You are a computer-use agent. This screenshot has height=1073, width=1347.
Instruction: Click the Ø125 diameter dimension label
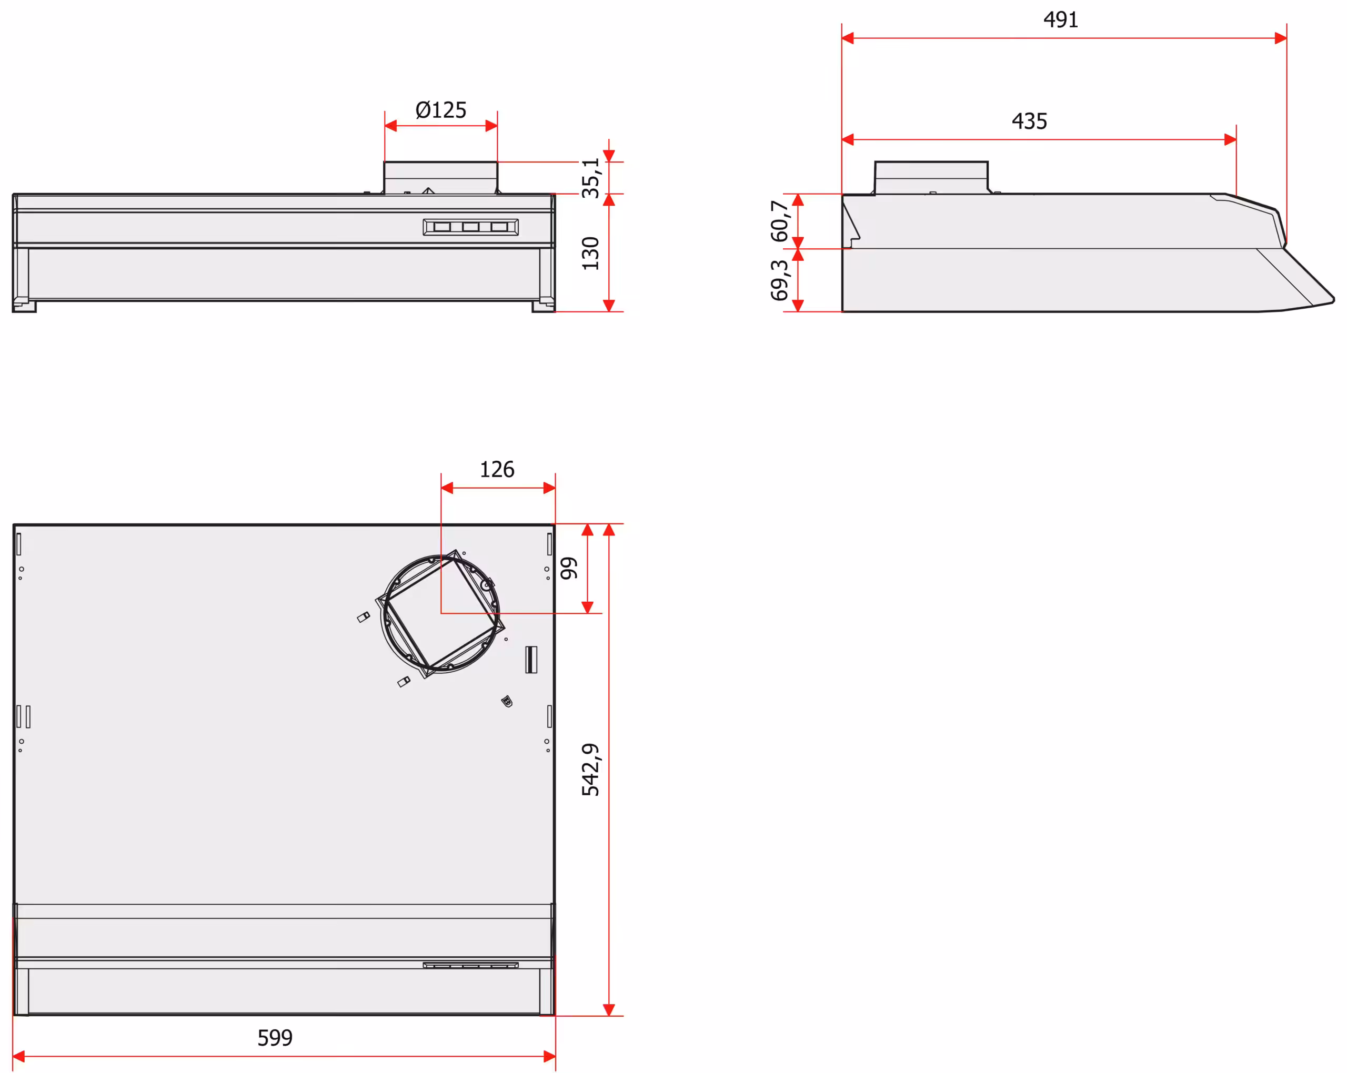pos(440,110)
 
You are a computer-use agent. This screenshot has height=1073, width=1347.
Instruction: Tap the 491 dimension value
pos(1060,20)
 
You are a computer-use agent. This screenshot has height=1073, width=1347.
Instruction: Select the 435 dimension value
pos(1029,121)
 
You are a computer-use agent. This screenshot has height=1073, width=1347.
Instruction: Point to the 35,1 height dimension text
pos(590,178)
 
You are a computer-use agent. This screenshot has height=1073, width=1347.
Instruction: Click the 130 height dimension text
pos(590,253)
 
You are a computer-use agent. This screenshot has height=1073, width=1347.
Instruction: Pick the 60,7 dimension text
pos(779,220)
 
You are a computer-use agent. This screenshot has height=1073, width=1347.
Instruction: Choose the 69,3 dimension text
pos(779,280)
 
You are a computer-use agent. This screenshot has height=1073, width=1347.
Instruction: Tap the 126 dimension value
pos(497,469)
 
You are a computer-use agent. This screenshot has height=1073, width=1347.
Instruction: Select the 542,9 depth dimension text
pos(590,770)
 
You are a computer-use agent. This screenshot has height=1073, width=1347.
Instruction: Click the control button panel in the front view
pos(470,227)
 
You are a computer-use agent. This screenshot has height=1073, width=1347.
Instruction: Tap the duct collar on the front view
pos(440,178)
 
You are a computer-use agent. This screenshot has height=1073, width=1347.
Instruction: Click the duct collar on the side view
pos(931,178)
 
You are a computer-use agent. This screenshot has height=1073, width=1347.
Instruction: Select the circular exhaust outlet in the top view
pos(440,613)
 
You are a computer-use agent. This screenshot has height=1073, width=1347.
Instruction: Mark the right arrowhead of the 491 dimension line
pos(1280,38)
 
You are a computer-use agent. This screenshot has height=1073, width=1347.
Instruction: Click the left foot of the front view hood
pos(24,307)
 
